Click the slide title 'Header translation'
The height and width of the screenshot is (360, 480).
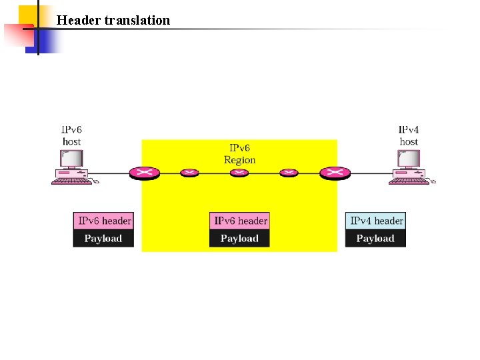113,20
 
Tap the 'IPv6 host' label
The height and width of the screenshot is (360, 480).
71,135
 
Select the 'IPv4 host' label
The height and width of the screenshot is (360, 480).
409,135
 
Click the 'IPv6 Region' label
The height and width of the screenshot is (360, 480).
239,154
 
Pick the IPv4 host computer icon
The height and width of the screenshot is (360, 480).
409,167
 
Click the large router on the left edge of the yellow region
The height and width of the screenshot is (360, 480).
143,173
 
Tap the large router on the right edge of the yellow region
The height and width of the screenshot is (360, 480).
334,173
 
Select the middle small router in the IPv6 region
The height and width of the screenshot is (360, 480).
239,173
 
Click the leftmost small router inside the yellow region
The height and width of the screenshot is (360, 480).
189,173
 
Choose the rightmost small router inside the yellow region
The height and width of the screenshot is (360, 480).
289,173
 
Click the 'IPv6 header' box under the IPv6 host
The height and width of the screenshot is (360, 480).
104,221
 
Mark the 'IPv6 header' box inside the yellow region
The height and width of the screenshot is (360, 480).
240,221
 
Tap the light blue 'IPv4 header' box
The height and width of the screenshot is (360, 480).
376,221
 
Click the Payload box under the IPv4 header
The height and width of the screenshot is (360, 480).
375,239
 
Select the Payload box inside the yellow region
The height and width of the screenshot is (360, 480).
239,239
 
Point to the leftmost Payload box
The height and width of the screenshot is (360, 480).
103,239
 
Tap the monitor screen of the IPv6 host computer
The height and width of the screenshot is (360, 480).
71,159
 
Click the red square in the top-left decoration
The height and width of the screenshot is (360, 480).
17,37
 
